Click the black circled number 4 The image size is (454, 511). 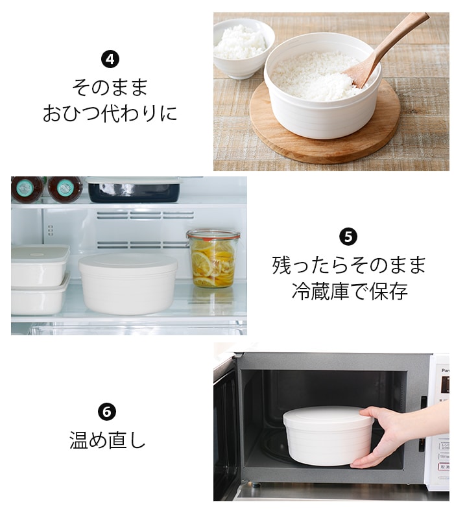click(110, 59)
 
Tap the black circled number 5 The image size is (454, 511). click(348, 237)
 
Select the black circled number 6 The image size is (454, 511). click(107, 412)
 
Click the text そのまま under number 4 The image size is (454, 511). click(110, 88)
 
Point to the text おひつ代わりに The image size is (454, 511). click(110, 113)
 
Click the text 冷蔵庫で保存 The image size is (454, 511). click(350, 291)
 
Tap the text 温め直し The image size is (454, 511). click(107, 440)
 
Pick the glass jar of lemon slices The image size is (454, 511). click(213, 259)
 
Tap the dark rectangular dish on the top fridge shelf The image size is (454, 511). click(134, 190)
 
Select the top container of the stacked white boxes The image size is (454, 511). click(40, 265)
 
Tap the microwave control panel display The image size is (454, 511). click(445, 385)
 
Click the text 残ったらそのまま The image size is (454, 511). click(349, 265)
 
